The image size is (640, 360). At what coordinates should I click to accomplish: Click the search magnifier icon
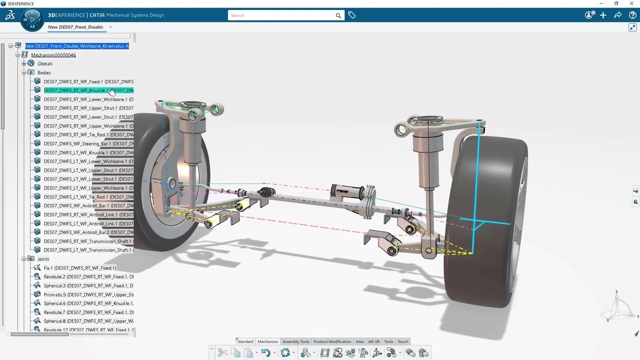[338, 15]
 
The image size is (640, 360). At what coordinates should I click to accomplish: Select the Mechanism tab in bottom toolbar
[267, 341]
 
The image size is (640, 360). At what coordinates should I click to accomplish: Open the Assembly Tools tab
[295, 341]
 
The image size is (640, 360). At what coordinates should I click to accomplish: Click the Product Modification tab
[332, 341]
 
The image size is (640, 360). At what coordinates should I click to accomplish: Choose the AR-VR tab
[373, 341]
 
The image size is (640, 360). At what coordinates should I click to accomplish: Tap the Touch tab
[402, 341]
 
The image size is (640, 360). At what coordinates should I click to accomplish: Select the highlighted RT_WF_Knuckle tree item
[88, 90]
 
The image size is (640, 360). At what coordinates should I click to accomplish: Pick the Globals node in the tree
[44, 64]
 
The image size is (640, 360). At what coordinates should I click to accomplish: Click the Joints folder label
[43, 259]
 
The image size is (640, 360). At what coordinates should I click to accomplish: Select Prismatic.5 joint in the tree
[88, 295]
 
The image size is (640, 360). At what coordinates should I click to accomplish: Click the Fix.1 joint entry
[79, 268]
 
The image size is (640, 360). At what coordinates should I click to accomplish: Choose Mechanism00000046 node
[53, 55]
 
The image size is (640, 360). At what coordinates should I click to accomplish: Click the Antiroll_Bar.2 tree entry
[88, 232]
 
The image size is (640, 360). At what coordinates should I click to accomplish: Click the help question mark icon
[631, 15]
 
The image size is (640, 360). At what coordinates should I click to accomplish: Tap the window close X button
[631, 3]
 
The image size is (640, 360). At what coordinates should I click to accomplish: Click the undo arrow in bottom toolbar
[265, 353]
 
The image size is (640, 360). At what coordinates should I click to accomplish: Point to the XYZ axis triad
[617, 307]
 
